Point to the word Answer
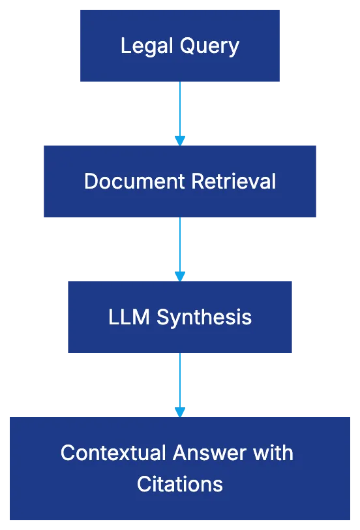click(207, 452)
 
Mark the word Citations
click(180, 484)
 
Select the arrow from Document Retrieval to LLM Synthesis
click(180, 245)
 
